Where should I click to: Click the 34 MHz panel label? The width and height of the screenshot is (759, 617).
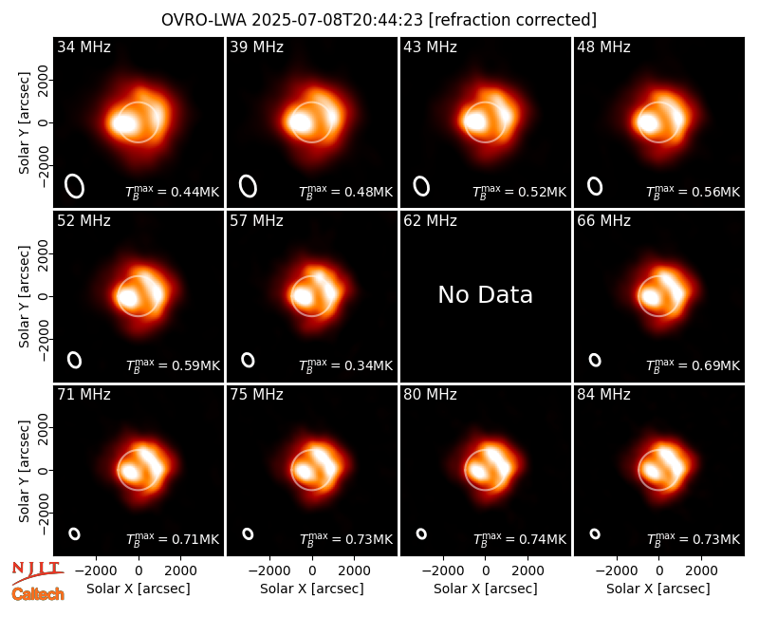(83, 47)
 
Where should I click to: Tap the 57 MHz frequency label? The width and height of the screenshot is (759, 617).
(256, 221)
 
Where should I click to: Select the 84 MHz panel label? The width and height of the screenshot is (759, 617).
(603, 395)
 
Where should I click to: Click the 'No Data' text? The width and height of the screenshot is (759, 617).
(486, 294)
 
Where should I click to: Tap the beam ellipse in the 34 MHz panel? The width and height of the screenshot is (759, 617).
(75, 186)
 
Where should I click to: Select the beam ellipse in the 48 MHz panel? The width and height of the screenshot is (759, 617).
(595, 186)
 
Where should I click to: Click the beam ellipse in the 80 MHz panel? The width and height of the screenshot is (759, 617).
(421, 533)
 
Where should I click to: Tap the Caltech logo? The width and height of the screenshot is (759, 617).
(38, 594)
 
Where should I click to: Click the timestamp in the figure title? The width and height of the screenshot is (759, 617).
(338, 20)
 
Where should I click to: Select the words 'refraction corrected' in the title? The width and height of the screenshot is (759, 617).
(513, 20)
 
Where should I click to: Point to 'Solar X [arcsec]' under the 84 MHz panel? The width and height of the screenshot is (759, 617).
(658, 589)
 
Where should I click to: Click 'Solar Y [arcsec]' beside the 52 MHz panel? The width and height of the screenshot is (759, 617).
(24, 296)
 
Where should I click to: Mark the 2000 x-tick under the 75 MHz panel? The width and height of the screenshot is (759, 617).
(354, 571)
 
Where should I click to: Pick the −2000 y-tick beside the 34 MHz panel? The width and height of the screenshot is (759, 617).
(44, 165)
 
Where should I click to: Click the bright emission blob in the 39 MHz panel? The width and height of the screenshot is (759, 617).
(301, 122)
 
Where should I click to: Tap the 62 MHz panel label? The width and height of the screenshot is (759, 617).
(431, 221)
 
